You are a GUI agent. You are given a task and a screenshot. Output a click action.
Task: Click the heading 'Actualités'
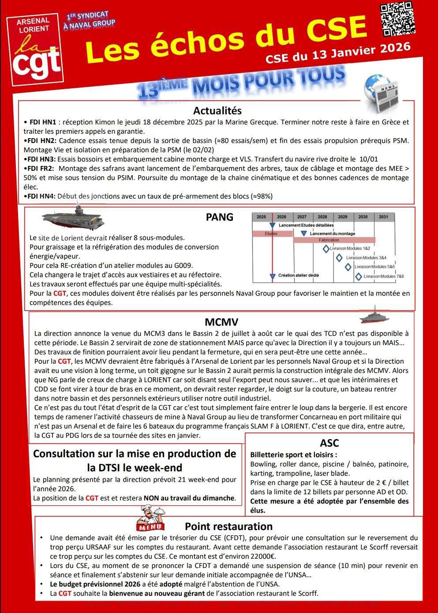tap(217, 110)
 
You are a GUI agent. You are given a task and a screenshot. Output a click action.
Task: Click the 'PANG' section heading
tap(219, 217)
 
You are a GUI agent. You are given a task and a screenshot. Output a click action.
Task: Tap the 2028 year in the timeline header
tap(322, 217)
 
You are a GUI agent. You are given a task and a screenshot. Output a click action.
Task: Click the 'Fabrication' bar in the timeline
tap(329, 240)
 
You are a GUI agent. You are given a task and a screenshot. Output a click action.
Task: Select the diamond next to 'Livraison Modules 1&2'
tap(326, 249)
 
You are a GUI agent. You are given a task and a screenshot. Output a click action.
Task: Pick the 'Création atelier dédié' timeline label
tap(298, 275)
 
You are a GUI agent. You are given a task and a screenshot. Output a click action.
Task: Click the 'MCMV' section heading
tap(221, 322)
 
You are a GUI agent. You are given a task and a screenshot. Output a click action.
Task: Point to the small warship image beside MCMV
tap(374, 316)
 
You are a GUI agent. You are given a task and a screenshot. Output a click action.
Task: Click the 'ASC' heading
tap(329, 443)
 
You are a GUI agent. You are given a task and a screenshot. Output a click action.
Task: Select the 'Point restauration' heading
tap(228, 527)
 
